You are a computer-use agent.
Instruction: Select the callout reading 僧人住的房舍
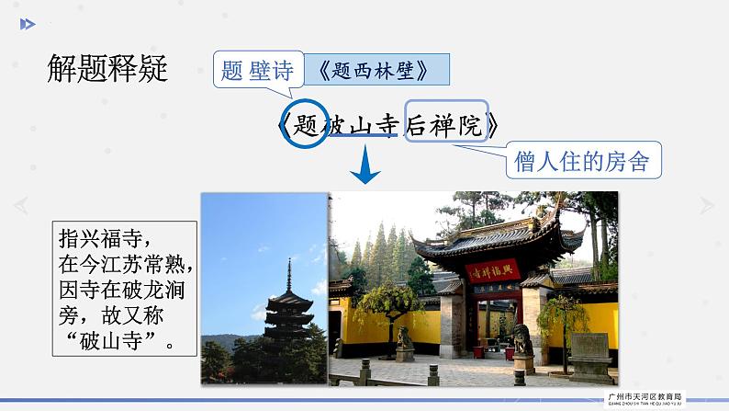point(583,162)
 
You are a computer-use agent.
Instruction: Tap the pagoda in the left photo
point(286,317)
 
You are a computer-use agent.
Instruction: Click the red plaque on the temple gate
point(492,271)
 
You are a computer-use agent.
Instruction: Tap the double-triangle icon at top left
point(28,24)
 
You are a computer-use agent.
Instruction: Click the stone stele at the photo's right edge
point(589,354)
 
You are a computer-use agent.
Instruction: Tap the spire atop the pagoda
point(289,273)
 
